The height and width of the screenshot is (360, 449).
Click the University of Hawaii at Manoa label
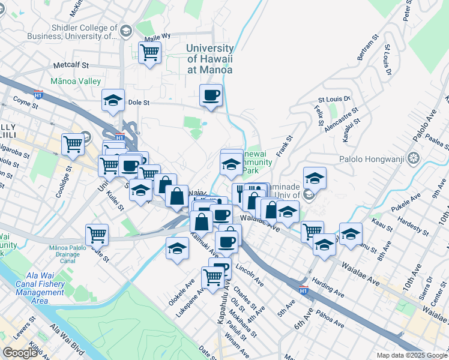209,59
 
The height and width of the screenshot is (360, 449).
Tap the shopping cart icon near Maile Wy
149,52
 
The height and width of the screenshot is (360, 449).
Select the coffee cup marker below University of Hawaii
211,95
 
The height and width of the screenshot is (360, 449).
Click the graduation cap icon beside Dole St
113,101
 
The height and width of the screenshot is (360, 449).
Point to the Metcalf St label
71,65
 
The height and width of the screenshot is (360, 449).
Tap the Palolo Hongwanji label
379,160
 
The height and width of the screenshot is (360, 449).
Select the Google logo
20,353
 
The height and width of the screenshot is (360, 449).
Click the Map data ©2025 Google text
412,355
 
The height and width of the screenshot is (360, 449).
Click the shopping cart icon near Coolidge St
73,144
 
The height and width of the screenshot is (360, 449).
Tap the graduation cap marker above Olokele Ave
177,248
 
